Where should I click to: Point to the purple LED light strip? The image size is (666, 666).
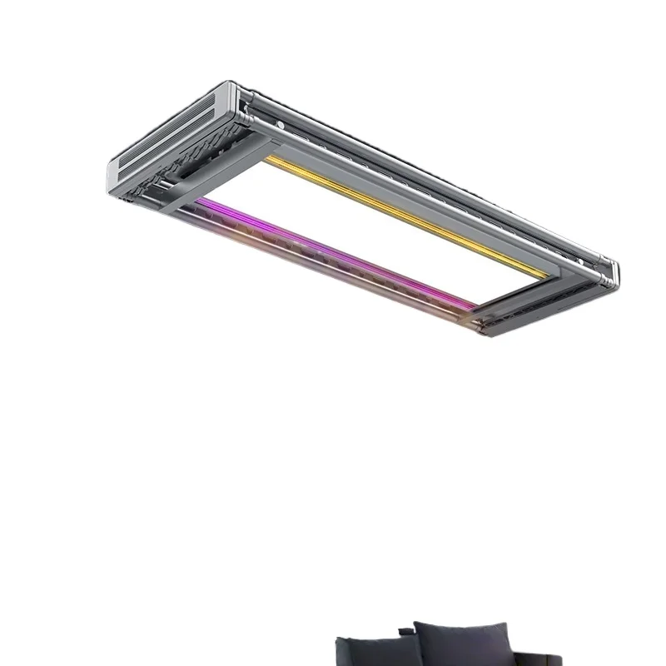pos(333,250)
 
